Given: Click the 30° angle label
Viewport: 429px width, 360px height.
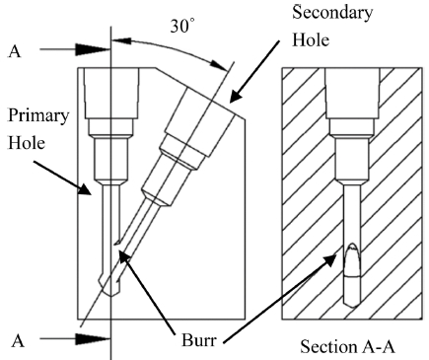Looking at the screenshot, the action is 182,27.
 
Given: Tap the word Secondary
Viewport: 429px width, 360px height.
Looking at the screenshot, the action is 332,13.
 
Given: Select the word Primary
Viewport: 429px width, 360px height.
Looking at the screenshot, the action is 38,116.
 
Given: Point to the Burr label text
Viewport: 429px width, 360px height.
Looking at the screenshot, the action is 199,340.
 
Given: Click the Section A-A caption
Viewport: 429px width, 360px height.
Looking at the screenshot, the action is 347,347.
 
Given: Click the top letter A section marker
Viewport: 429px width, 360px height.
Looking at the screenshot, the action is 14,51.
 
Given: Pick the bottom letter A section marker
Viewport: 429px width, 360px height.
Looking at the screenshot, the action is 18,341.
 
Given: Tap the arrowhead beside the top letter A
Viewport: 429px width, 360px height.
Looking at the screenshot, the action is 93,49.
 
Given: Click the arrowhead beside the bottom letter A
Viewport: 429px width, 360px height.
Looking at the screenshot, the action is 93,339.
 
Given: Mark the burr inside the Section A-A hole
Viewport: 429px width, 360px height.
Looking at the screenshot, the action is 352,260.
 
